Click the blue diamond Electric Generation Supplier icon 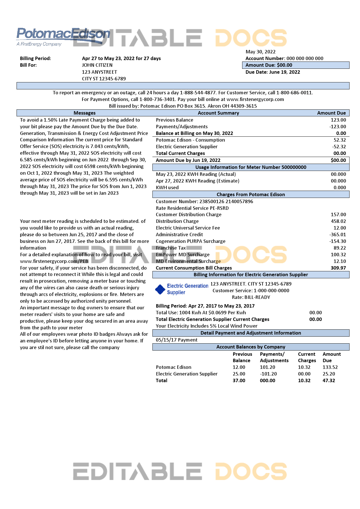point(160,289)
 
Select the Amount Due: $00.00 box point(296,65)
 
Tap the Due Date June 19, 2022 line point(273,72)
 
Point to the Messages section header point(84,113)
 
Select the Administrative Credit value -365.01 point(338,234)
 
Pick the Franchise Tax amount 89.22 point(340,248)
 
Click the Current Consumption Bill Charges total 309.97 point(338,268)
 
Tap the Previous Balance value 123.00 point(338,120)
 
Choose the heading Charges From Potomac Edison point(251,194)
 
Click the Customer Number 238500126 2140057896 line point(204,201)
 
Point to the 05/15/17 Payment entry point(177,340)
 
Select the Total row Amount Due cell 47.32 point(329,380)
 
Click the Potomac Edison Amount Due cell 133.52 point(330,367)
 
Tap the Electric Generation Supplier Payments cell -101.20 point(268,374)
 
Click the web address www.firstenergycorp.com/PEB point(54,261)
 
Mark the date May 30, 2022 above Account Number point(260,52)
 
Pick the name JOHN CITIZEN point(97,65)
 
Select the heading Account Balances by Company point(251,347)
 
